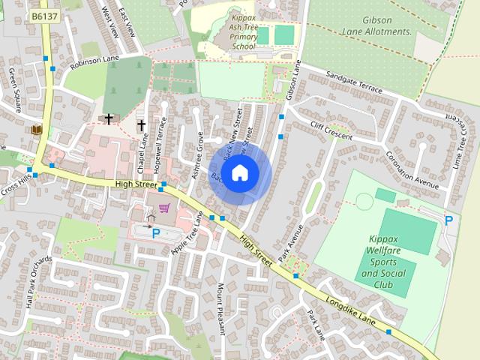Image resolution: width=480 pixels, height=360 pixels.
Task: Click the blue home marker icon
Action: [239, 173]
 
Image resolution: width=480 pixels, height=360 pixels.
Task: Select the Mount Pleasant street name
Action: [221, 307]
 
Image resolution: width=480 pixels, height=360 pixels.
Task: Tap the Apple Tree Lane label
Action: [188, 233]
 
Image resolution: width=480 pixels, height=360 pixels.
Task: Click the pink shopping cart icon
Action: [164, 208]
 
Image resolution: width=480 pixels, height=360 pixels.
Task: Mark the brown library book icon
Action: [36, 130]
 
